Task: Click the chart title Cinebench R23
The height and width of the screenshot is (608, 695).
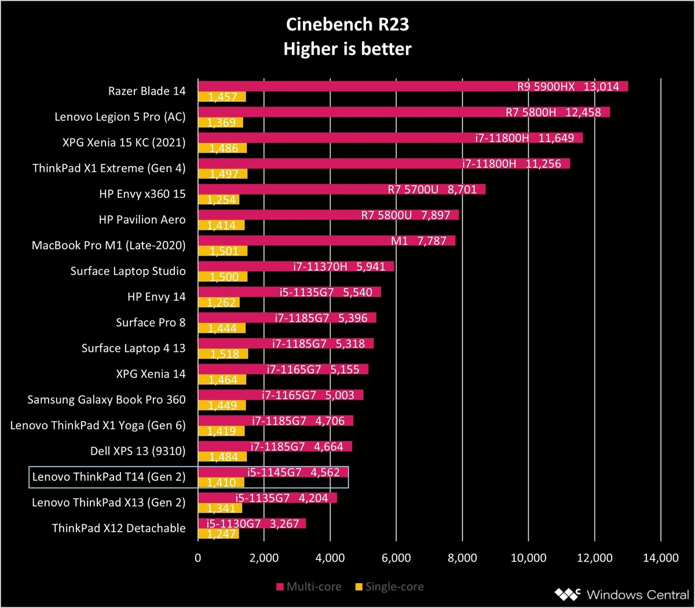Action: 347,24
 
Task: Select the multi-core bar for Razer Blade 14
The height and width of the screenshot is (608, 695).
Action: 413,86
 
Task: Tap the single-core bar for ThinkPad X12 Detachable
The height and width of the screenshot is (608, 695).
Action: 218,534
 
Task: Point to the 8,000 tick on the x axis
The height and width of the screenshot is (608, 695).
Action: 462,558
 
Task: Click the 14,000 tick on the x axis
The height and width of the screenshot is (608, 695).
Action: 660,558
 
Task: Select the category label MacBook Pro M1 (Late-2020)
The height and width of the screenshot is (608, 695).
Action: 109,245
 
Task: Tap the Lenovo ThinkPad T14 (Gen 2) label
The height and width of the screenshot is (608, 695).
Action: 109,477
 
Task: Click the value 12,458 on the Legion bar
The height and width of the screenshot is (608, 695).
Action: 583,112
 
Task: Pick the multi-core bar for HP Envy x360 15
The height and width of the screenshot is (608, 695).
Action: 342,189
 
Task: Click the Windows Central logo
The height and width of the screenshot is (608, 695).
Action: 622,594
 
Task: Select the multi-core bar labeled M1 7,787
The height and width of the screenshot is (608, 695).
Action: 327,241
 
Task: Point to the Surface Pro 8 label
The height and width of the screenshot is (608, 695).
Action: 151,322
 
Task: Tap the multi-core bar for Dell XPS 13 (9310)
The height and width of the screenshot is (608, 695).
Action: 275,447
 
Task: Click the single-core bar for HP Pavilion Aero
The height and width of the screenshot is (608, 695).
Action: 221,226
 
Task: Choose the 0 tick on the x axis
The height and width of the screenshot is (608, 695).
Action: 198,558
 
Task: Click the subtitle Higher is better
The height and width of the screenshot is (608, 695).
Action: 347,49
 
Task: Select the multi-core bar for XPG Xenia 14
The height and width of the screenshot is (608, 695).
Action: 283,369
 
